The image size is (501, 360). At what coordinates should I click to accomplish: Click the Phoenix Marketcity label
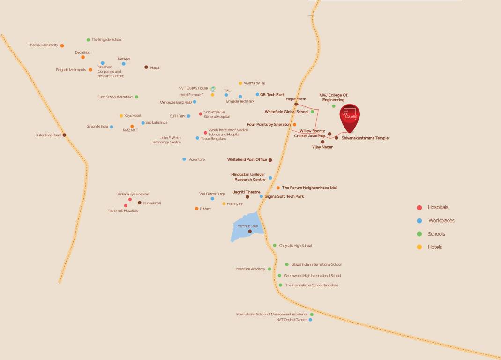(43, 45)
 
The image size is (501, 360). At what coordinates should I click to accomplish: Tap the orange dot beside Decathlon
(83, 57)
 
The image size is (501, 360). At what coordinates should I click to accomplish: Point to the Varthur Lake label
(247, 226)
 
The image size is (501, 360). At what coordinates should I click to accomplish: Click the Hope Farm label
(296, 99)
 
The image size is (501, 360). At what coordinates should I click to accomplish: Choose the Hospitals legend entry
(438, 207)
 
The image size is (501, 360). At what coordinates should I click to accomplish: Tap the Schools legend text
(436, 234)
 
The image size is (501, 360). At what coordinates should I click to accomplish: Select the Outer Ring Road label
(48, 135)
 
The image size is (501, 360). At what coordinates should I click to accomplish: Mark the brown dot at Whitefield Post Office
(270, 160)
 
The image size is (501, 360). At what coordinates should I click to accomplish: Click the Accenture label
(197, 159)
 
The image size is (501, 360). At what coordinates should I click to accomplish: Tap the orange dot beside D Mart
(197, 209)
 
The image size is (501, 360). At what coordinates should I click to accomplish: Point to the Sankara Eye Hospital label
(133, 194)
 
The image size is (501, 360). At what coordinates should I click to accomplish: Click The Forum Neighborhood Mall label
(309, 187)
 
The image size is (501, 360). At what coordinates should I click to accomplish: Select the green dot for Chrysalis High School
(275, 245)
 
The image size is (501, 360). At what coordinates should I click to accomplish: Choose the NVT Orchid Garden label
(292, 320)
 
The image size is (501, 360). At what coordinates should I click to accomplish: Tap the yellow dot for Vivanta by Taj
(240, 83)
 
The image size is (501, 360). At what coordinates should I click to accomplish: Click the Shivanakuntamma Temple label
(365, 138)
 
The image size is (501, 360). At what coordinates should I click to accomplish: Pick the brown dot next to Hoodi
(146, 67)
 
